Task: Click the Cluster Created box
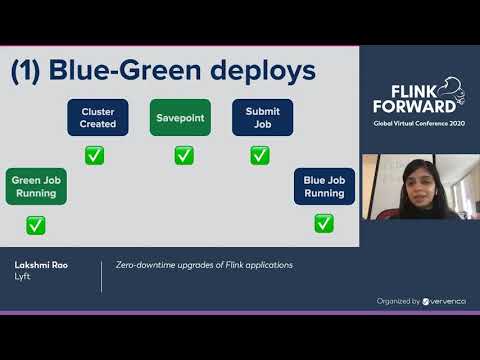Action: coord(98,118)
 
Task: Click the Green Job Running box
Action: coord(37,187)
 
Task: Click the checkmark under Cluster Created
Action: coord(94,155)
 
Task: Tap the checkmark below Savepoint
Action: coord(184,155)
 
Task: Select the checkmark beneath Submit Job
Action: coord(260,155)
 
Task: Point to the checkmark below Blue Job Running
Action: coord(324,223)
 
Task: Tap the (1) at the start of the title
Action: coord(27,72)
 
